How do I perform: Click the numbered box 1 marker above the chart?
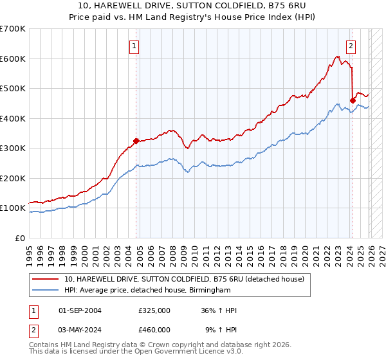[133, 46]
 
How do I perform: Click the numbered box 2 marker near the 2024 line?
[351, 46]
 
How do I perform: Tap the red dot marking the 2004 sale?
[136, 141]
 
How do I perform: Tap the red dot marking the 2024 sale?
[353, 100]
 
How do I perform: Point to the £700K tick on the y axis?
[12, 29]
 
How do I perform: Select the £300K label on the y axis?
[12, 148]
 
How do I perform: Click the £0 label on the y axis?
[19, 238]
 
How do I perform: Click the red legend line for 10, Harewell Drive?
[46, 279]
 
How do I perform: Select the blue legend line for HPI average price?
[46, 291]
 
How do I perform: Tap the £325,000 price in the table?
[154, 310]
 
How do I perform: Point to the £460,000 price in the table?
[154, 330]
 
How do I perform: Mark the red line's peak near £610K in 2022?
[337, 57]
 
